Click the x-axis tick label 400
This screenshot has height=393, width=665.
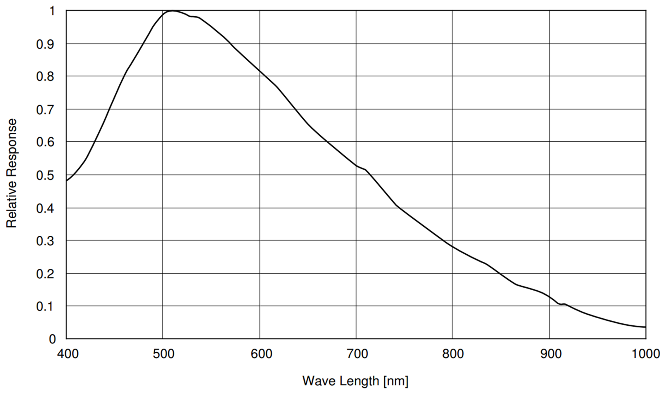pos(67,354)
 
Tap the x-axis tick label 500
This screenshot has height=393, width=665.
pos(163,354)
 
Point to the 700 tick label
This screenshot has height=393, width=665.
pos(357,354)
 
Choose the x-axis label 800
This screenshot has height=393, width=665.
pos(453,354)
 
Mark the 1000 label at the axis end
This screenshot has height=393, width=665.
pos(645,354)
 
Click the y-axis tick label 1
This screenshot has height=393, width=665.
pos(52,12)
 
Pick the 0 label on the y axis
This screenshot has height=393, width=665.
pos(52,339)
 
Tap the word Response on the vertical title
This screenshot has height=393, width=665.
pos(12,146)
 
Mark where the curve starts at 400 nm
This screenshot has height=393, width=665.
pos(66,181)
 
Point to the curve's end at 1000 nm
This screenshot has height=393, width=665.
pos(645,327)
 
